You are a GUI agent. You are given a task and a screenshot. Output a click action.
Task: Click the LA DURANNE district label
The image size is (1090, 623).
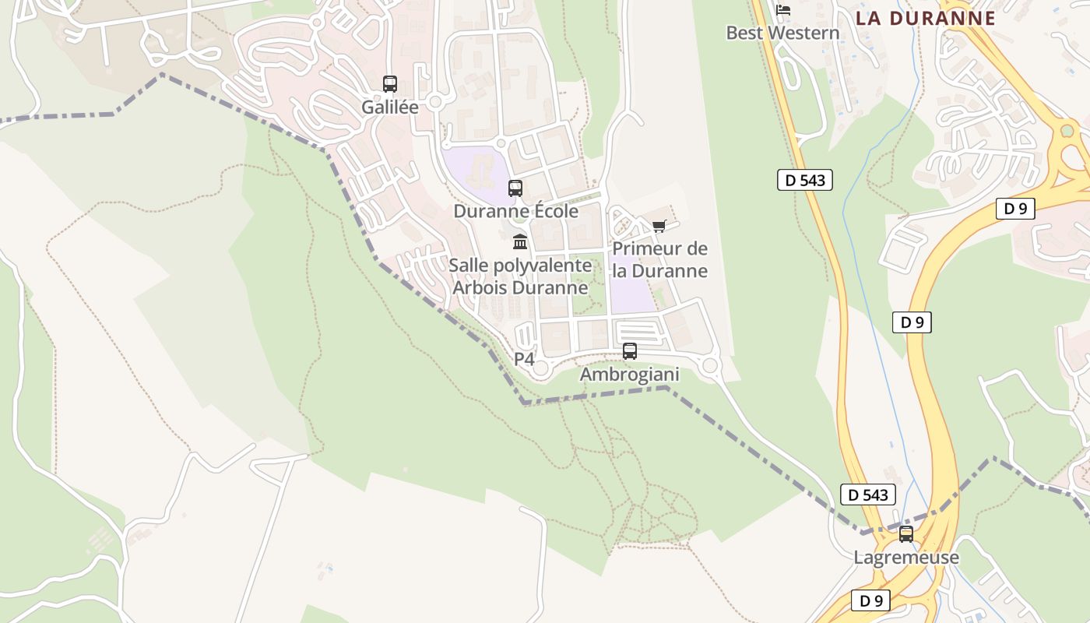click(926, 18)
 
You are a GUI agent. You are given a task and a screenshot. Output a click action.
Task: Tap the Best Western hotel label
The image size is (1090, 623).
click(782, 33)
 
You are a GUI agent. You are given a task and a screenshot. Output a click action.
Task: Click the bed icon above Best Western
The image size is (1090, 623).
click(783, 9)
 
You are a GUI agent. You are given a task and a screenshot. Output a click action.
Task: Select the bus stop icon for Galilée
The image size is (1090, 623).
click(390, 84)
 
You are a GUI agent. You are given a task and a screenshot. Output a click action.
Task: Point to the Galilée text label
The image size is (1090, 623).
click(390, 107)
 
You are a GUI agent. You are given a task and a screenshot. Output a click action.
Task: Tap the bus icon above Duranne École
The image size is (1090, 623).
click(515, 188)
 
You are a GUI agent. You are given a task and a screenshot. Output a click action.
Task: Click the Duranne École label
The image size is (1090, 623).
click(515, 211)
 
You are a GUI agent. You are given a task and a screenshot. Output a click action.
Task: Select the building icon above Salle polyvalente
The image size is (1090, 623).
click(520, 242)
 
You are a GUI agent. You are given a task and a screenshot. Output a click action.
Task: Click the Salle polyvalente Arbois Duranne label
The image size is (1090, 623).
click(520, 276)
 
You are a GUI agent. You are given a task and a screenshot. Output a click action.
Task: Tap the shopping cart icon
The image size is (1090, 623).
click(659, 227)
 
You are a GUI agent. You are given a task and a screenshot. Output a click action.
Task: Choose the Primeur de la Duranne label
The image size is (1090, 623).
click(659, 260)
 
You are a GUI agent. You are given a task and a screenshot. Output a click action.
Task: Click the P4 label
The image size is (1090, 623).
click(524, 359)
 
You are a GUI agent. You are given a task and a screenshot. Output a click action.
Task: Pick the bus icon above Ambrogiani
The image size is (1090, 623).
click(630, 351)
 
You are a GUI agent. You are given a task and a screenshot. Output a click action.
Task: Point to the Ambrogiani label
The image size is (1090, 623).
click(630, 375)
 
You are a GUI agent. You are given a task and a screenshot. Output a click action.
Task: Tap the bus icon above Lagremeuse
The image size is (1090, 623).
click(906, 534)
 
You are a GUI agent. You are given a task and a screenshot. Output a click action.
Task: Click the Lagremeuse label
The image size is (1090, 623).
click(906, 558)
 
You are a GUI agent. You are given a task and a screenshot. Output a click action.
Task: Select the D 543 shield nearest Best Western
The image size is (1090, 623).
click(805, 180)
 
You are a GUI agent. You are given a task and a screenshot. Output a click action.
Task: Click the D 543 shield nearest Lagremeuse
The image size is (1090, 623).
click(868, 495)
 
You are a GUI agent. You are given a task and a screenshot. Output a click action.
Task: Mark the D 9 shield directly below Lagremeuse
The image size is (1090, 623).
click(870, 600)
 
